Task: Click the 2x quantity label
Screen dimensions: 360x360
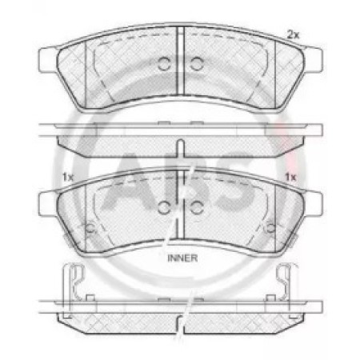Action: [293, 34]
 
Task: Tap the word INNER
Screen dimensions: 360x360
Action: [182, 258]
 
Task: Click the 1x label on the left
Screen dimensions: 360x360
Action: [68, 177]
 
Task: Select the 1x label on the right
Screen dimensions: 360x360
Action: [290, 177]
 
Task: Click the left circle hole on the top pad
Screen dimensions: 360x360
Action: [164, 64]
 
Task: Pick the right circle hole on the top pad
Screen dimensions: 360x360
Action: [197, 64]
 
